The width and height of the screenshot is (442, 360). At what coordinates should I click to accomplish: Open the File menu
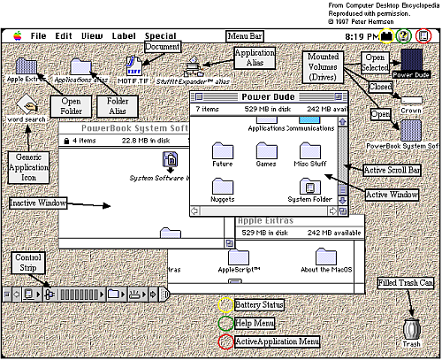point(38,36)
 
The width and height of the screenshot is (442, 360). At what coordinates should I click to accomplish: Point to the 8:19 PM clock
point(362,36)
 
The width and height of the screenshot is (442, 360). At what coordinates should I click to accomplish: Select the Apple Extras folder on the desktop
point(28,65)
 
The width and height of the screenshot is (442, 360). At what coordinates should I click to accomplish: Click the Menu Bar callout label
point(246,35)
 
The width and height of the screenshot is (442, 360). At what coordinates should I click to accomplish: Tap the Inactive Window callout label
point(40,203)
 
